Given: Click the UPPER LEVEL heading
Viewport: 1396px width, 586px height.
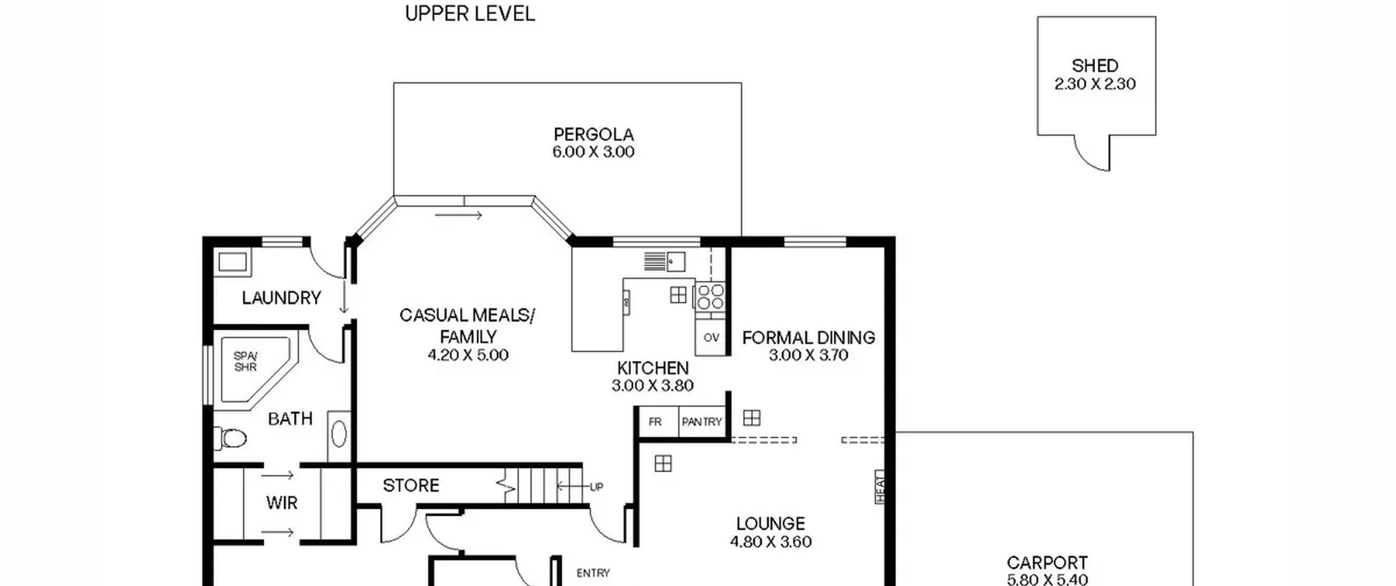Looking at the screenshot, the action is (470, 14).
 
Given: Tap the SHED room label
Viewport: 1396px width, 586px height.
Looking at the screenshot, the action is (1095, 66).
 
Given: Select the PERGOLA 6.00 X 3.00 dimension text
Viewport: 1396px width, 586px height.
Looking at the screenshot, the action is (593, 152).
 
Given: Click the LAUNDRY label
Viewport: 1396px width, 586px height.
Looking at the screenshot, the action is (281, 298).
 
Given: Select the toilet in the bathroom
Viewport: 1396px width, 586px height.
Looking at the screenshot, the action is (230, 438).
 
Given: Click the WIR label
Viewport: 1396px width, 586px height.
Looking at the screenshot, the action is (282, 503).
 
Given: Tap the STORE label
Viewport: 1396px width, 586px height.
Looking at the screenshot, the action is (411, 485).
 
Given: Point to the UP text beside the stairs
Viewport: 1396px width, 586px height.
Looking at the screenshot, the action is (597, 487).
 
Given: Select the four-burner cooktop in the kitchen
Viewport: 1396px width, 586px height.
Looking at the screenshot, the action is (711, 297).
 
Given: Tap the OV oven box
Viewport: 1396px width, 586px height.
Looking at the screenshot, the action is (711, 337).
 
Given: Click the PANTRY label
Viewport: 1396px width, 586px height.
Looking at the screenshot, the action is (702, 421).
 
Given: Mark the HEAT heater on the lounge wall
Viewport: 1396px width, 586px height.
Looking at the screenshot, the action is (880, 487).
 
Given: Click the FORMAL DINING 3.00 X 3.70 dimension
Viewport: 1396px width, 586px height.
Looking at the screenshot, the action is (809, 355).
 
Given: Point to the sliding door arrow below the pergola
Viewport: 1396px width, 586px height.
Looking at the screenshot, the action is (459, 215).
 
